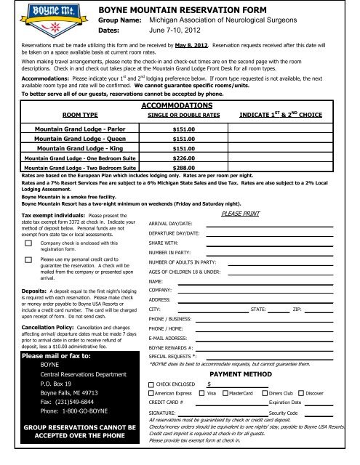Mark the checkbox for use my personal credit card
tap(28, 259)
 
